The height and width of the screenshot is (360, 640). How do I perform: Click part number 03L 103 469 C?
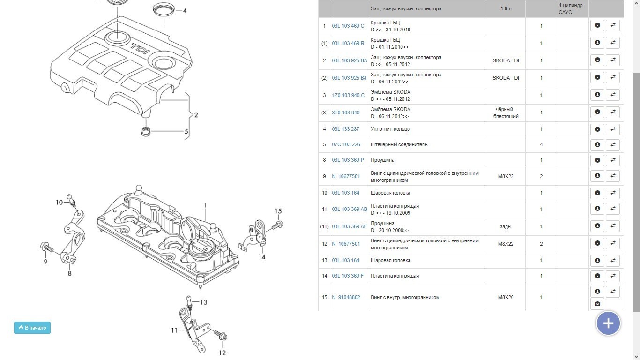click(x=348, y=26)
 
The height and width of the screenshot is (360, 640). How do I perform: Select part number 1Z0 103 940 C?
click(x=348, y=95)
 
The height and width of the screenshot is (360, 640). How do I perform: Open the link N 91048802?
click(x=346, y=297)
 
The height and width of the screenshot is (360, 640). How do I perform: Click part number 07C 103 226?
click(x=346, y=144)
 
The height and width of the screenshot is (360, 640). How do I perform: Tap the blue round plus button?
click(x=608, y=323)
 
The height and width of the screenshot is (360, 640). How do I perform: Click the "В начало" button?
click(x=32, y=328)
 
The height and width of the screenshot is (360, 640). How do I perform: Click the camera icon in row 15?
click(x=597, y=304)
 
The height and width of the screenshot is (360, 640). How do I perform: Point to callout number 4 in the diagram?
click(x=185, y=10)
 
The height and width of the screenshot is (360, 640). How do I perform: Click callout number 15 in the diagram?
click(x=278, y=211)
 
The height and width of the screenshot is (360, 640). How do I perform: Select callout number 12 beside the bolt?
click(x=222, y=352)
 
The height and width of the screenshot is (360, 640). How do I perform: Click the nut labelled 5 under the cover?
click(x=146, y=131)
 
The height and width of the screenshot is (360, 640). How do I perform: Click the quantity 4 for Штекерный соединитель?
click(x=541, y=144)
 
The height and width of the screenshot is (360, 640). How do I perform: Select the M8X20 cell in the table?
click(x=506, y=297)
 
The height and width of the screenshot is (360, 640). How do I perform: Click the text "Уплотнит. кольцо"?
click(x=390, y=129)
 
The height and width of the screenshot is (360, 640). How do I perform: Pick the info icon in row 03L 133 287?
click(x=597, y=129)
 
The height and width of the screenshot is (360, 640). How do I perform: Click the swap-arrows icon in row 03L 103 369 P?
click(x=612, y=160)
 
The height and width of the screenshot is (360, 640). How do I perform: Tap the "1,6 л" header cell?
click(x=506, y=8)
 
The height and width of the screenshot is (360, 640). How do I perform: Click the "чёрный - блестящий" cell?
click(x=506, y=112)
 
